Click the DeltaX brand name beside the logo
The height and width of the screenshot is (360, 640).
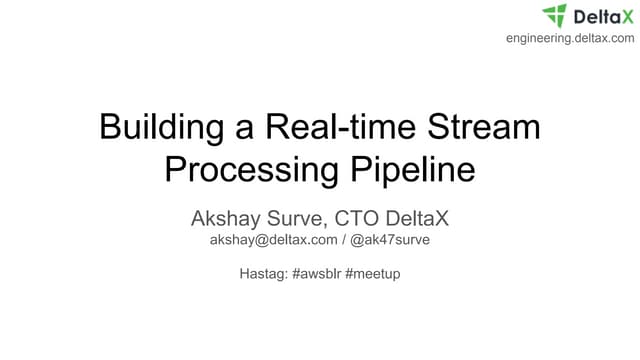602,16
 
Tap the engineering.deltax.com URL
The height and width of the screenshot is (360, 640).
570,38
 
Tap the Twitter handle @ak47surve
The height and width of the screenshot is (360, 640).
391,241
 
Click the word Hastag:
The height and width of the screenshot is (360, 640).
265,273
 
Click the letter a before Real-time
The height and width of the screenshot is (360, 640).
244,131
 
